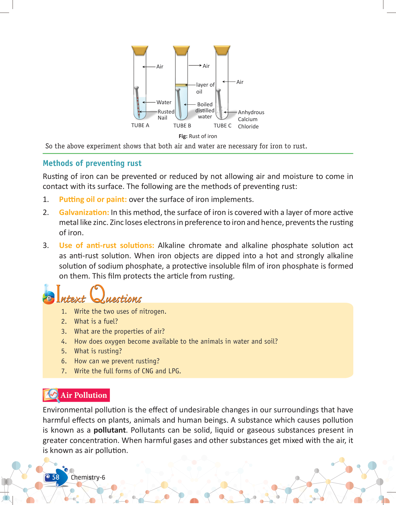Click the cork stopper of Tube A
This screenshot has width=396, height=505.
tap(140, 51)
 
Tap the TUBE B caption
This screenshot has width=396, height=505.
tap(182, 126)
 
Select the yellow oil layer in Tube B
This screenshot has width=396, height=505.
tap(181, 85)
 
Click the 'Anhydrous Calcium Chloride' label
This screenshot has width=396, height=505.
tap(251, 119)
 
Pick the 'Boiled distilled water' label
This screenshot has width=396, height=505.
tap(205, 111)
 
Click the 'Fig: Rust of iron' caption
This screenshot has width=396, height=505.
tap(198, 136)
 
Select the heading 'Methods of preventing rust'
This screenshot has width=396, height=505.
tap(92, 163)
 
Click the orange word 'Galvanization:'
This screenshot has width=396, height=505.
tap(84, 213)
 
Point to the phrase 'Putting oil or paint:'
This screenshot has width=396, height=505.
tap(93, 200)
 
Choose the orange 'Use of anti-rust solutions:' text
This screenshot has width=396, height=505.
tap(106, 246)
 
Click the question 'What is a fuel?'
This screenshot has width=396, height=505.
tap(96, 321)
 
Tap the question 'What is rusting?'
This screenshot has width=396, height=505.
tap(98, 351)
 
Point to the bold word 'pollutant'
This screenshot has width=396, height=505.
tap(110, 430)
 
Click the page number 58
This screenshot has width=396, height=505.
tap(56, 477)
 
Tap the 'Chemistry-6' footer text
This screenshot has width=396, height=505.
tap(88, 477)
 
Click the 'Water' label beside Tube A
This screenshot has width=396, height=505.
tap(164, 102)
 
